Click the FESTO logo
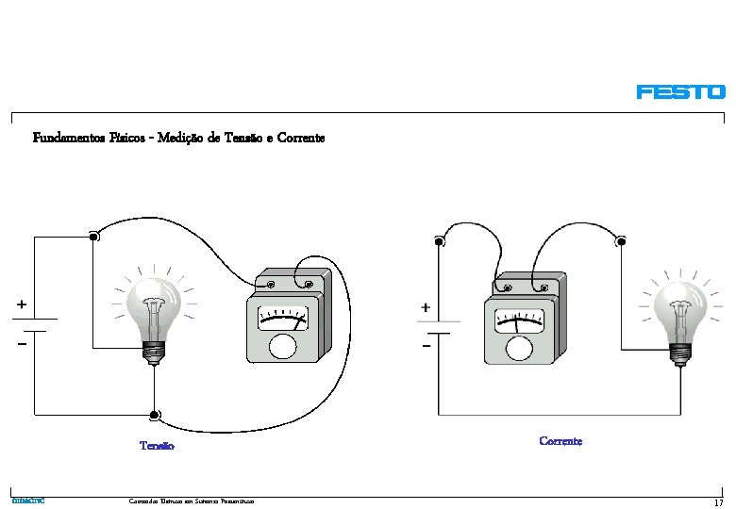(x=680, y=92)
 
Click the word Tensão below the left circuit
(x=157, y=446)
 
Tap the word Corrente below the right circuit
(x=560, y=441)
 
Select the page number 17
(x=718, y=503)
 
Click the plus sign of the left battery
(x=21, y=304)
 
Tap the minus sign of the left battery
(x=21, y=344)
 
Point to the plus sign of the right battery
(x=426, y=307)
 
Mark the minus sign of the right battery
(x=427, y=347)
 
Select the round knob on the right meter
(x=518, y=348)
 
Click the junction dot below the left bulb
(x=153, y=415)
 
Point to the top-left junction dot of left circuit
(x=93, y=237)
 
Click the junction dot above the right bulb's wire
(x=621, y=242)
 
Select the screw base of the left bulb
(x=152, y=351)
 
